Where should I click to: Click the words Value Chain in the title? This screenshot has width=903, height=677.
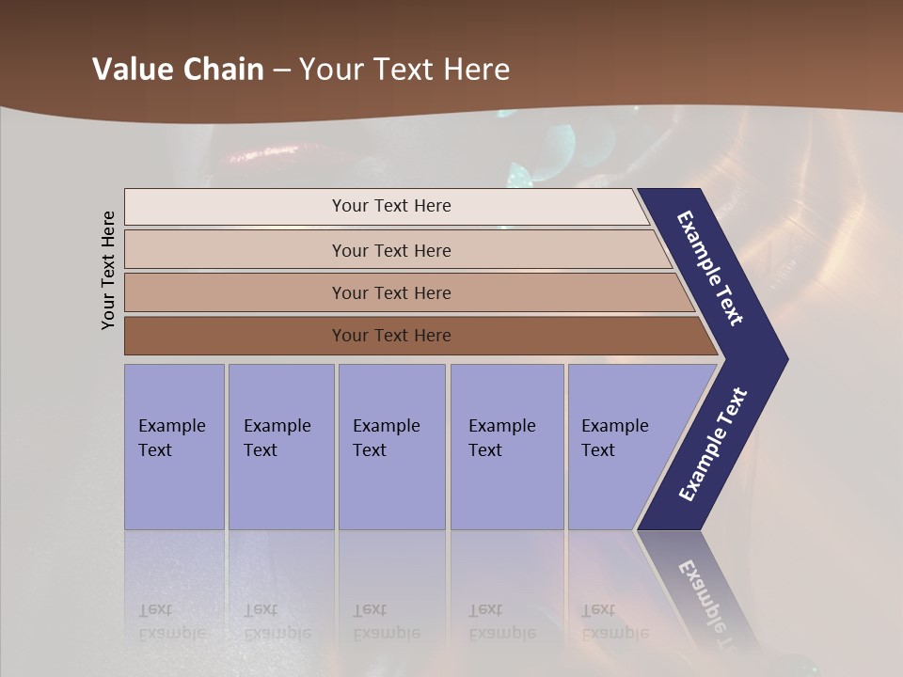178,70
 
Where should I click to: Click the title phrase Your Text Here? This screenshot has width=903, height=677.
404,70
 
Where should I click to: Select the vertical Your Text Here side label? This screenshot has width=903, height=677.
108,270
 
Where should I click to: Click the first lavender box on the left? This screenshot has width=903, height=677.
174,447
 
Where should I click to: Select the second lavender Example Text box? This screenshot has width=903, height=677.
280,447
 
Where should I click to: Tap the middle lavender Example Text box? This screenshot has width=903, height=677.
391,447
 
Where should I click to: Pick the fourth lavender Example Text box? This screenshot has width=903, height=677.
507,447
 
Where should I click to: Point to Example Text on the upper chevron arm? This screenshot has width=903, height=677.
710,268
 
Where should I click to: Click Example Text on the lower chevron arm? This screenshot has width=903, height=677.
712,445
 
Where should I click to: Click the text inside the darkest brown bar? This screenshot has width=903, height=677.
391,336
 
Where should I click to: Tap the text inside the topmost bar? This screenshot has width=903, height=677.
391,206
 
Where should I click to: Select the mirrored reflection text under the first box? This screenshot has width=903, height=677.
171,622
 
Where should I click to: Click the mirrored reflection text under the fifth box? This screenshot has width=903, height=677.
613,622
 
